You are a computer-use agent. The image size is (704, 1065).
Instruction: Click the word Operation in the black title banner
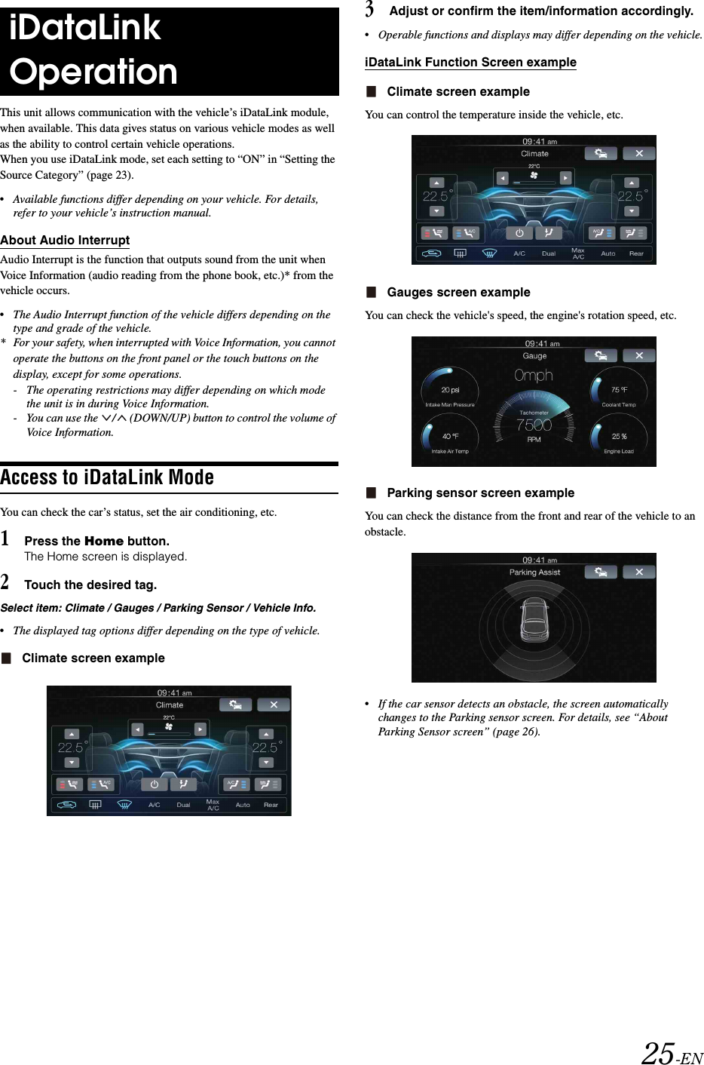tap(93, 72)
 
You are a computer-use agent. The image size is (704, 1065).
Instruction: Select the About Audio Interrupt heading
tap(65, 241)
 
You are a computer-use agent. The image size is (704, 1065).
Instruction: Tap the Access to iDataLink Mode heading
tap(107, 477)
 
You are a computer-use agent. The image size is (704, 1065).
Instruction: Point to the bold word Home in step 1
tap(104, 541)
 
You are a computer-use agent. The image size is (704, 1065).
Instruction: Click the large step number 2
tap(5, 582)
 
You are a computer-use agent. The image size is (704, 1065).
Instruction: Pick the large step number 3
tap(369, 10)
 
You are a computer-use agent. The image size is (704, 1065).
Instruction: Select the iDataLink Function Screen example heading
tap(470, 63)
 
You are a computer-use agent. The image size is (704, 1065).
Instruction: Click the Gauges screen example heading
tap(458, 293)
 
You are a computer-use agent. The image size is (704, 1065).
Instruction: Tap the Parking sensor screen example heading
tap(480, 493)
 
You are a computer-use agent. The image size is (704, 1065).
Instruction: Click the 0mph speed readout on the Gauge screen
tap(534, 376)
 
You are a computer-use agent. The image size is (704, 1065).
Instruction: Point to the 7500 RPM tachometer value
tap(534, 425)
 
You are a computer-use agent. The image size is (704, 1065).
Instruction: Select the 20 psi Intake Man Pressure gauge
tap(450, 391)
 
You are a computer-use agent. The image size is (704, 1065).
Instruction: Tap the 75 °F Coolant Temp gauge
tap(619, 391)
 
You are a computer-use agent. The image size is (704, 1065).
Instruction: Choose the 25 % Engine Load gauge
tap(619, 437)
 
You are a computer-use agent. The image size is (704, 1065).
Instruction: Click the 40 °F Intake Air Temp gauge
tap(450, 437)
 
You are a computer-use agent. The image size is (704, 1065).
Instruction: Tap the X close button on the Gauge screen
tap(639, 355)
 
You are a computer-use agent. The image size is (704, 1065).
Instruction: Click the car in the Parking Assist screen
tap(534, 618)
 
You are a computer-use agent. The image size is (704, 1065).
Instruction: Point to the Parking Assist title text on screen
tap(534, 572)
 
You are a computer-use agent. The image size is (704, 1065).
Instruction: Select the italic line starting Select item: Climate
tap(158, 608)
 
